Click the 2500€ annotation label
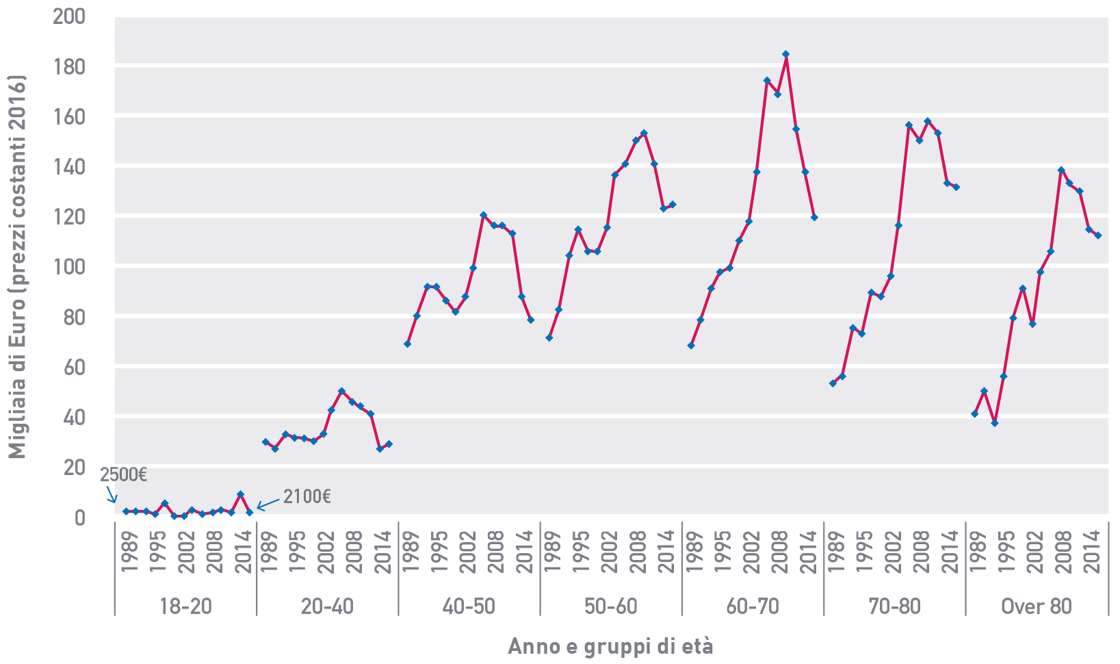pyautogui.click(x=124, y=475)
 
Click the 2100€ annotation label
pyautogui.click(x=307, y=496)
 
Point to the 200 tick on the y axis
pyautogui.click(x=69, y=16)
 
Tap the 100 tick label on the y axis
pyautogui.click(x=69, y=266)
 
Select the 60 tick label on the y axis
pyautogui.click(x=74, y=367)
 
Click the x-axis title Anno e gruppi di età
pyautogui.click(x=610, y=646)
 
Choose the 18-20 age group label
pyautogui.click(x=185, y=606)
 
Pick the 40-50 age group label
pyautogui.click(x=469, y=606)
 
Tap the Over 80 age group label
pyautogui.click(x=1036, y=606)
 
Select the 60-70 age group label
pyautogui.click(x=753, y=606)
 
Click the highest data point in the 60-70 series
pyautogui.click(x=785, y=54)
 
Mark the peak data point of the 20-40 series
pyautogui.click(x=341, y=391)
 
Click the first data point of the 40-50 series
pyautogui.click(x=407, y=344)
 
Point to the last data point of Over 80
pyautogui.click(x=1097, y=235)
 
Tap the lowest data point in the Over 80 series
pyautogui.click(x=994, y=423)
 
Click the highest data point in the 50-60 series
pyautogui.click(x=644, y=133)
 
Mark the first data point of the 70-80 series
pyautogui.click(x=833, y=383)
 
